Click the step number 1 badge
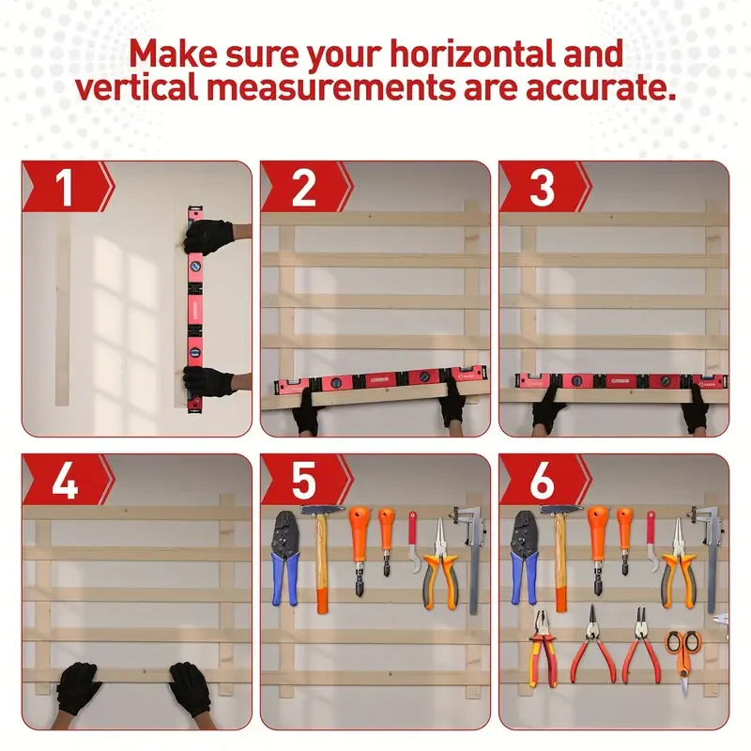click(65, 188)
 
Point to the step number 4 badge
click(65, 482)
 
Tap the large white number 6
click(542, 482)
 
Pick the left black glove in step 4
click(79, 688)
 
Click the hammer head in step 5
click(322, 510)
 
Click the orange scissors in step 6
click(683, 652)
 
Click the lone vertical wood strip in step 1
click(63, 314)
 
